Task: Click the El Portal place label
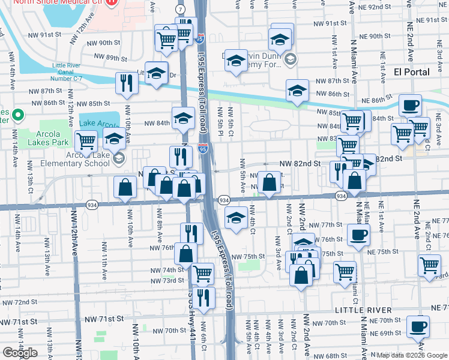411,72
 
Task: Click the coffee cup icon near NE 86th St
411,105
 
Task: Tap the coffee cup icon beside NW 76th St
358,235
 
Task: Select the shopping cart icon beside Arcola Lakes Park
86,141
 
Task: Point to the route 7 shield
181,10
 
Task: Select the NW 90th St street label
103,43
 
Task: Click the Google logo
20,353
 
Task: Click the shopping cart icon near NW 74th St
203,274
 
